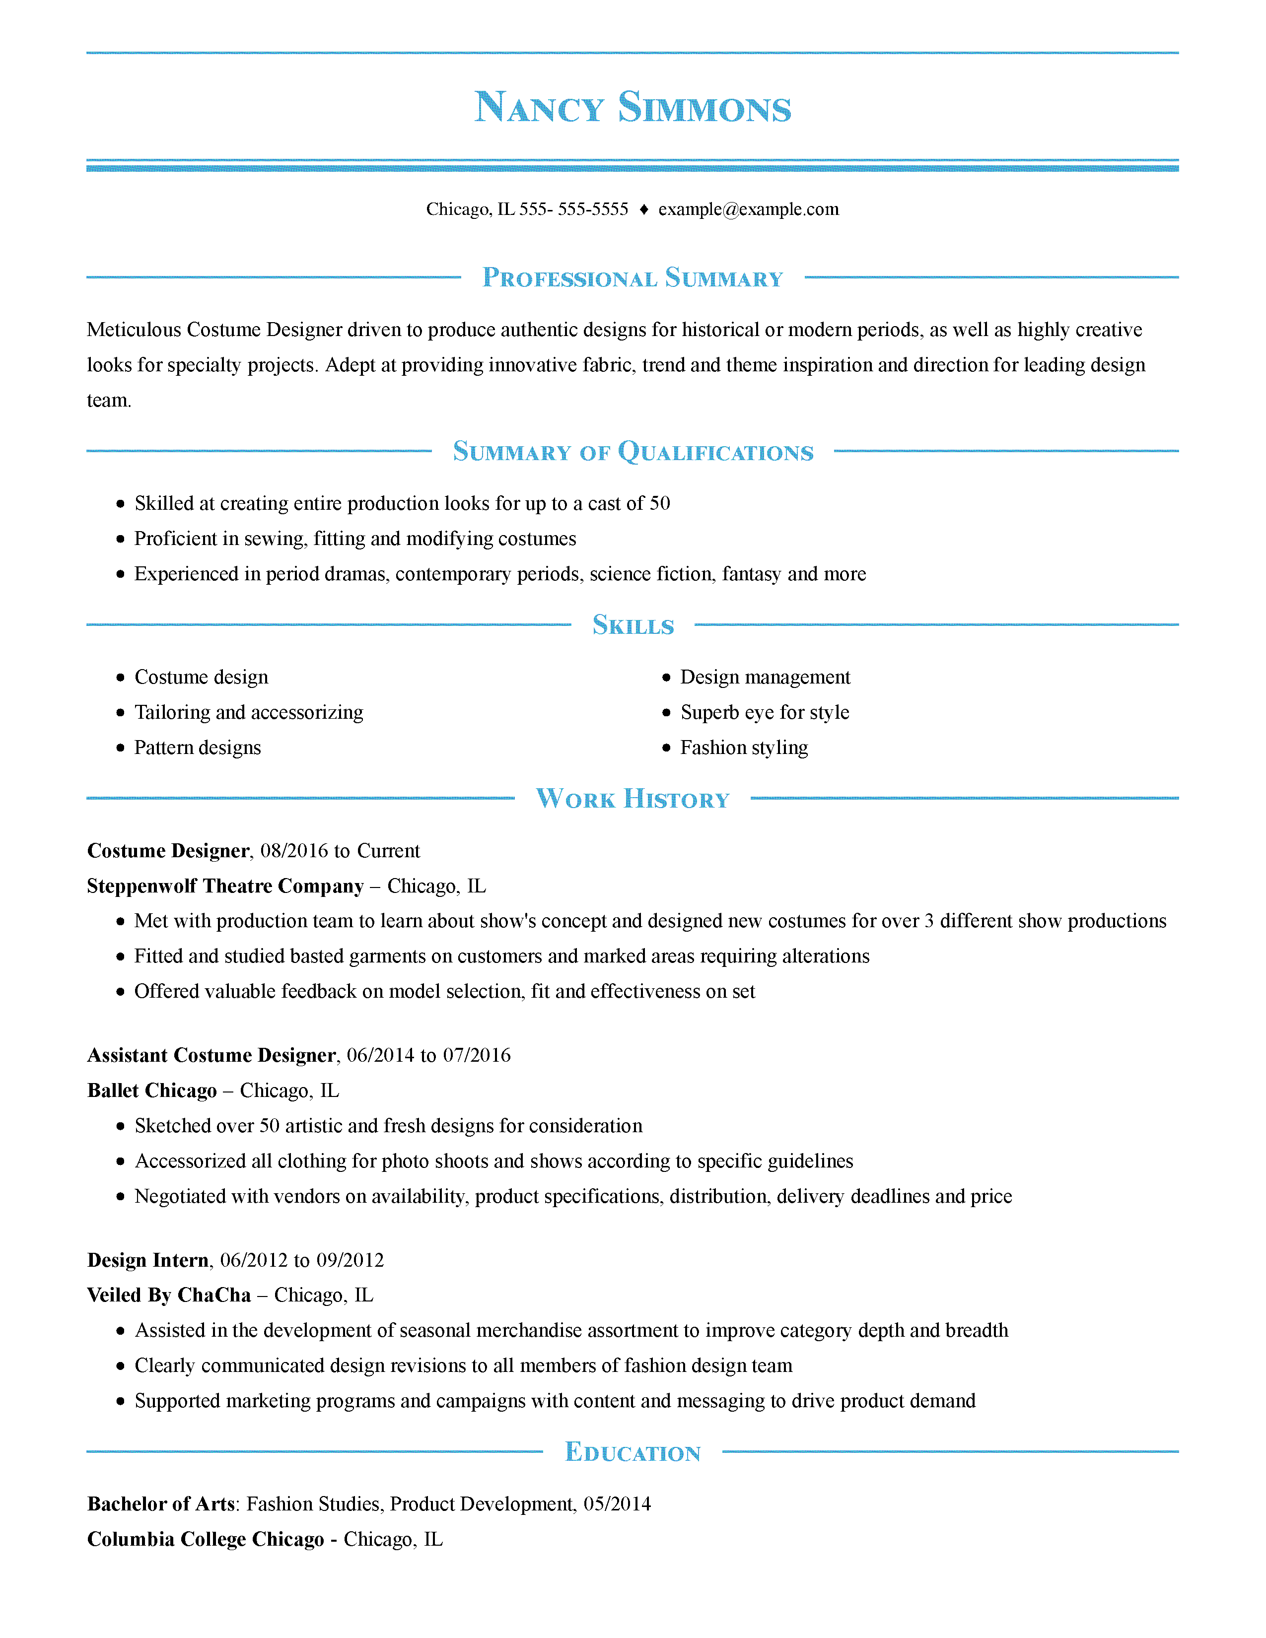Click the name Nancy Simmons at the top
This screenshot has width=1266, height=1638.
click(632, 107)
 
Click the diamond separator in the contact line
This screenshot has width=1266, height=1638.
click(643, 210)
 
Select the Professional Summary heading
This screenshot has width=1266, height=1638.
click(632, 277)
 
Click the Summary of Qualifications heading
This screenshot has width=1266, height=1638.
click(632, 452)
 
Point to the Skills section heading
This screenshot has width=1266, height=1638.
click(632, 625)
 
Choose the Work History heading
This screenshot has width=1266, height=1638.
click(632, 799)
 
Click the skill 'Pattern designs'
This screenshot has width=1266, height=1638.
click(197, 748)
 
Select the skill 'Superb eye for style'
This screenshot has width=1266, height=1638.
click(764, 712)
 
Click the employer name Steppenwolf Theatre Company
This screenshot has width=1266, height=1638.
click(225, 886)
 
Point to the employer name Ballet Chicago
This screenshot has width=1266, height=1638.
click(151, 1091)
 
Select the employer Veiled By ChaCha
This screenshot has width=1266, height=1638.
click(169, 1295)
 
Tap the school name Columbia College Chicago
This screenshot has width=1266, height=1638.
click(206, 1539)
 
